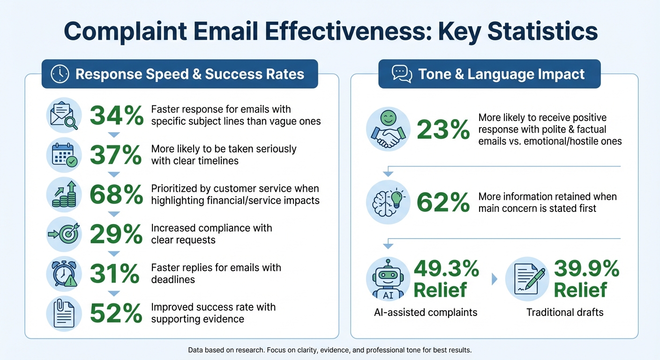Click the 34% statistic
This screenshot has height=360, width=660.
point(116,115)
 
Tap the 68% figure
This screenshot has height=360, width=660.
point(116,195)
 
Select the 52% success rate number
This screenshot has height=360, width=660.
point(116,314)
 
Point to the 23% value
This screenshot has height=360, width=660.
point(443,129)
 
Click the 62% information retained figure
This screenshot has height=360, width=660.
point(443,202)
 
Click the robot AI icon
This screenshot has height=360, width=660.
point(388,279)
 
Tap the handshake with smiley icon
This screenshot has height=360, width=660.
point(388,130)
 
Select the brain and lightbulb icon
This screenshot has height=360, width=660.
point(388,202)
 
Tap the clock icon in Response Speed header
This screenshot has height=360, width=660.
point(60,74)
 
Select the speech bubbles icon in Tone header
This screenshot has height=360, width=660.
point(402,74)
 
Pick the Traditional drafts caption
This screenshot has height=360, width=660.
point(565,312)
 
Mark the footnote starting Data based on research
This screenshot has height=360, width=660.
point(330,350)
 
